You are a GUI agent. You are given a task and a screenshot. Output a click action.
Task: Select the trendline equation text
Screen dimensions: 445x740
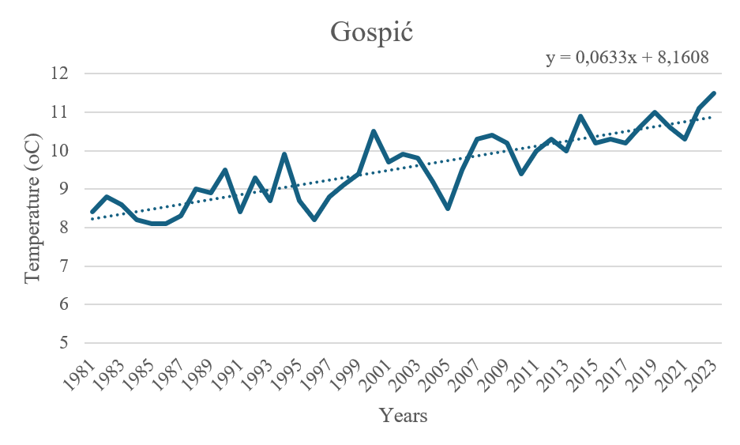[x=626, y=58]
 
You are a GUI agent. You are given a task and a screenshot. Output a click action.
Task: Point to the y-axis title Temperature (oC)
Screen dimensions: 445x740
[x=32, y=207]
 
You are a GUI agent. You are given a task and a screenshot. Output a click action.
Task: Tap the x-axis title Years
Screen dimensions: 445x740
[x=403, y=415]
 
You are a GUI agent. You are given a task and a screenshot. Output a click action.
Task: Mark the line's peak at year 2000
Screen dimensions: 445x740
[x=374, y=131]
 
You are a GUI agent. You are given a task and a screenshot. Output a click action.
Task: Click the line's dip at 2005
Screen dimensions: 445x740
[x=448, y=209]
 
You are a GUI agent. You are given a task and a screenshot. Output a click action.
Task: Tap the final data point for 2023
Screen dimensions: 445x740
[x=714, y=93]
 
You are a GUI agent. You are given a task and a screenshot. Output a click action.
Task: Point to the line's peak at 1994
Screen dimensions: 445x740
[x=284, y=154]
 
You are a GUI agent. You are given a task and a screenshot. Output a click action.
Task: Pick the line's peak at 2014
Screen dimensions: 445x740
[x=580, y=116]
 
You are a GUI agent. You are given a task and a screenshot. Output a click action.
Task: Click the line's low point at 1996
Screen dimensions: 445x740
[x=314, y=220]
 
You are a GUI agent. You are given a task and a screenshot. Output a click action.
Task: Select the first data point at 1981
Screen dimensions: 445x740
[x=92, y=212]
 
